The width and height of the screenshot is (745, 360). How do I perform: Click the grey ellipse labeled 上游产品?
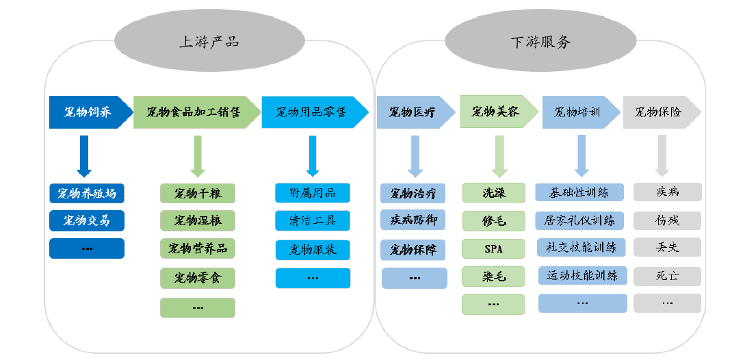click(209, 41)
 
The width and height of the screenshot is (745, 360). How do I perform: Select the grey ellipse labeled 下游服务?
click(540, 41)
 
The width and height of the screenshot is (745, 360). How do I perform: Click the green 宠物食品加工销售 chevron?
click(196, 112)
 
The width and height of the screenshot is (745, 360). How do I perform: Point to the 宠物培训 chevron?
click(579, 112)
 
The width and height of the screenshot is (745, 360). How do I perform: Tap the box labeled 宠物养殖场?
click(87, 194)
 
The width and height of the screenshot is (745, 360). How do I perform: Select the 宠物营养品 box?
click(198, 248)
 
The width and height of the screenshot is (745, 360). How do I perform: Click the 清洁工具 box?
click(313, 220)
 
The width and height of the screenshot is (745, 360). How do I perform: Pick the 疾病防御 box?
click(413, 220)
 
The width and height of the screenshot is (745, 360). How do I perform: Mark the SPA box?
click(493, 248)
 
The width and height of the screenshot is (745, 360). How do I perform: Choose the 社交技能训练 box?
click(581, 247)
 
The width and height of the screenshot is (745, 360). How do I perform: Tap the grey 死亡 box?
click(667, 276)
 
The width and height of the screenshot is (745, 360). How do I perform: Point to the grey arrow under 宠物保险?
click(662, 155)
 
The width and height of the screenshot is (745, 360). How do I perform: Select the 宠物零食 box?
click(198, 278)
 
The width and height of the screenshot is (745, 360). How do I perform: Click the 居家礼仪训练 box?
click(580, 220)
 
